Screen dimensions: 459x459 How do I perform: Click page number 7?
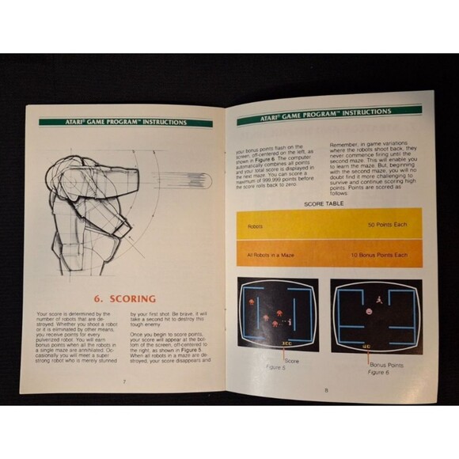(x=124, y=381)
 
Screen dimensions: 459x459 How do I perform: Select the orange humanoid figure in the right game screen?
(x=379, y=301)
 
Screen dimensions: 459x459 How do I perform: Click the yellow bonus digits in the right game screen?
(x=369, y=346)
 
